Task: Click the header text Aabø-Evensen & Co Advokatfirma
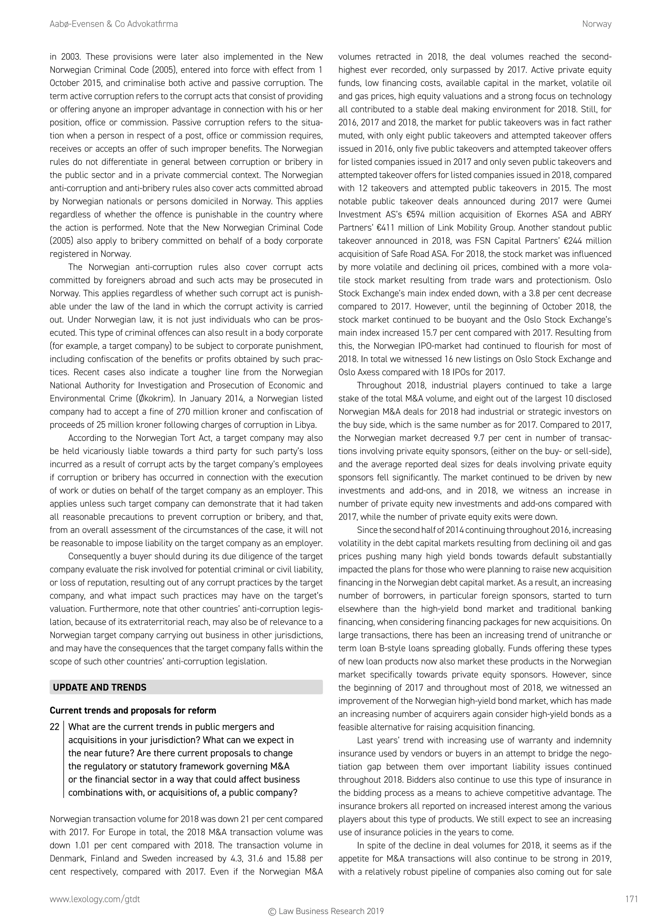click(114, 24)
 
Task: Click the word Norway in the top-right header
click(597, 24)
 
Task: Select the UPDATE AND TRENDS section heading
click(100, 687)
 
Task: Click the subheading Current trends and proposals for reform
click(132, 710)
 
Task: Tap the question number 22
click(55, 727)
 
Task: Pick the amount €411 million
click(401, 228)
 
